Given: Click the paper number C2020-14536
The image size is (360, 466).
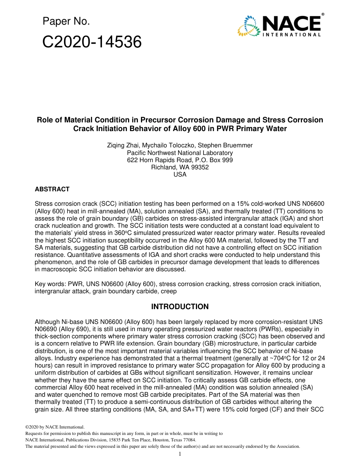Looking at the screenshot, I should pos(92,42).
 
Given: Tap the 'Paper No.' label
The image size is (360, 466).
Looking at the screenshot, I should pos(66,22).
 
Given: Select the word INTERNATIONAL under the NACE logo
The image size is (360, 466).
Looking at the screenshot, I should pos(291,35).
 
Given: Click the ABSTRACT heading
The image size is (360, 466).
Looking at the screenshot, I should pos(52,189).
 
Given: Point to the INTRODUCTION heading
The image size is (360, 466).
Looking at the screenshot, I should pos(180,306).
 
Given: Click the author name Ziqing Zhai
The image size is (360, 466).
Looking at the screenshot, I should pos(124,145).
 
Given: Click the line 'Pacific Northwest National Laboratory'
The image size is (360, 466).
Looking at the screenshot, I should pos(180,153).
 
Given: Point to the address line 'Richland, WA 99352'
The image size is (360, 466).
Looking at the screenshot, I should pos(180,167).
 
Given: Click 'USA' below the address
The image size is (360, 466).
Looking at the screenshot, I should pos(180,174).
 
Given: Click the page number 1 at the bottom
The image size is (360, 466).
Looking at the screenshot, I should pos(180,454).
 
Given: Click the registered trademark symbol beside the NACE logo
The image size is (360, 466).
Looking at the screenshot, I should pos(322,14).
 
